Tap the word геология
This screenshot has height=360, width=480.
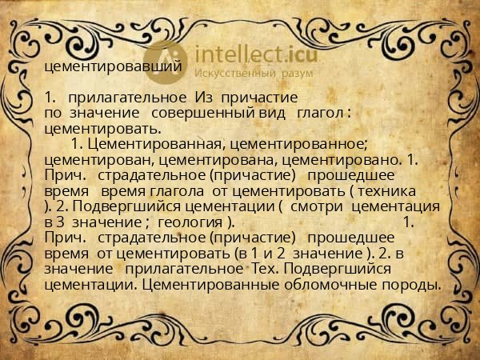[x=191, y=222]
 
